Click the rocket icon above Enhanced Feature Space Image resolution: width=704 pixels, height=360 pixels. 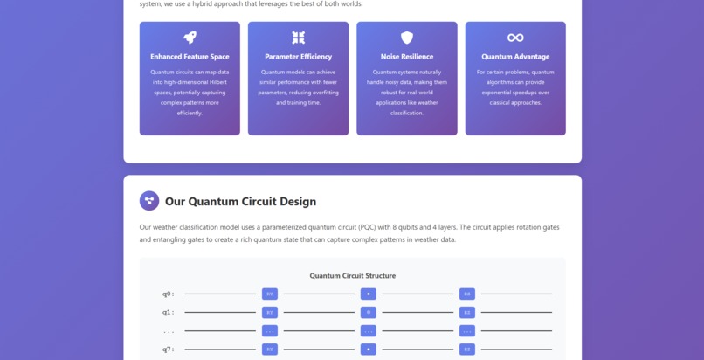click(x=190, y=38)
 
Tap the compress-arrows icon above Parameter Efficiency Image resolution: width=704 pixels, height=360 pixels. click(x=299, y=38)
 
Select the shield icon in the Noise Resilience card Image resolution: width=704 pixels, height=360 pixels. click(x=407, y=38)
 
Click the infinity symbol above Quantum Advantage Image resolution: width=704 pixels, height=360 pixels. click(x=515, y=38)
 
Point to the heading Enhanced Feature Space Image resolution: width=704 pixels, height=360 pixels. click(x=190, y=57)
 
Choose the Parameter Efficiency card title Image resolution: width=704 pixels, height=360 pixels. click(x=299, y=57)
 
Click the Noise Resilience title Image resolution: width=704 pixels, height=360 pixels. click(x=407, y=57)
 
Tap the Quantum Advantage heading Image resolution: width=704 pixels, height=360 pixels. click(x=515, y=57)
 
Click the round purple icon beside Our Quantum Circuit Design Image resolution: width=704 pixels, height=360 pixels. click(x=149, y=201)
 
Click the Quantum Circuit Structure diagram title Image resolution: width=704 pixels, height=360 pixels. click(x=352, y=276)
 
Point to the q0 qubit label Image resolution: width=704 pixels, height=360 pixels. click(x=168, y=294)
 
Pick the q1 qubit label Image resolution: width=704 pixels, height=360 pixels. click(x=168, y=312)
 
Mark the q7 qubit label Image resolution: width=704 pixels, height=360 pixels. click(x=168, y=350)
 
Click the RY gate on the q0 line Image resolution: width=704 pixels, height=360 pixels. click(x=270, y=294)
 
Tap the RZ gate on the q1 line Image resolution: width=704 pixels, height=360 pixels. click(x=467, y=312)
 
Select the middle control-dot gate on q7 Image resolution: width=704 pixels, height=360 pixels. click(x=369, y=350)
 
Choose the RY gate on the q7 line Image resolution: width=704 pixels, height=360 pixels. click(x=270, y=350)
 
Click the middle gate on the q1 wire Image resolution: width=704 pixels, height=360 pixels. click(x=369, y=312)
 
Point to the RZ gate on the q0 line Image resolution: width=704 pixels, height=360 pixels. click(x=467, y=294)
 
